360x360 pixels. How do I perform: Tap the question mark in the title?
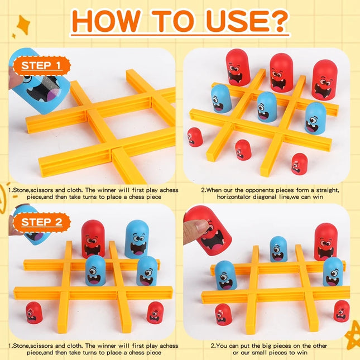[x=277, y=21]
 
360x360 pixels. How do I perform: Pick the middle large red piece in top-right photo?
[x=281, y=73]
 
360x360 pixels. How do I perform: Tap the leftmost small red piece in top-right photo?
[x=195, y=137]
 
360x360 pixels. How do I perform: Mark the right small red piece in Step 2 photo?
[x=155, y=313]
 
